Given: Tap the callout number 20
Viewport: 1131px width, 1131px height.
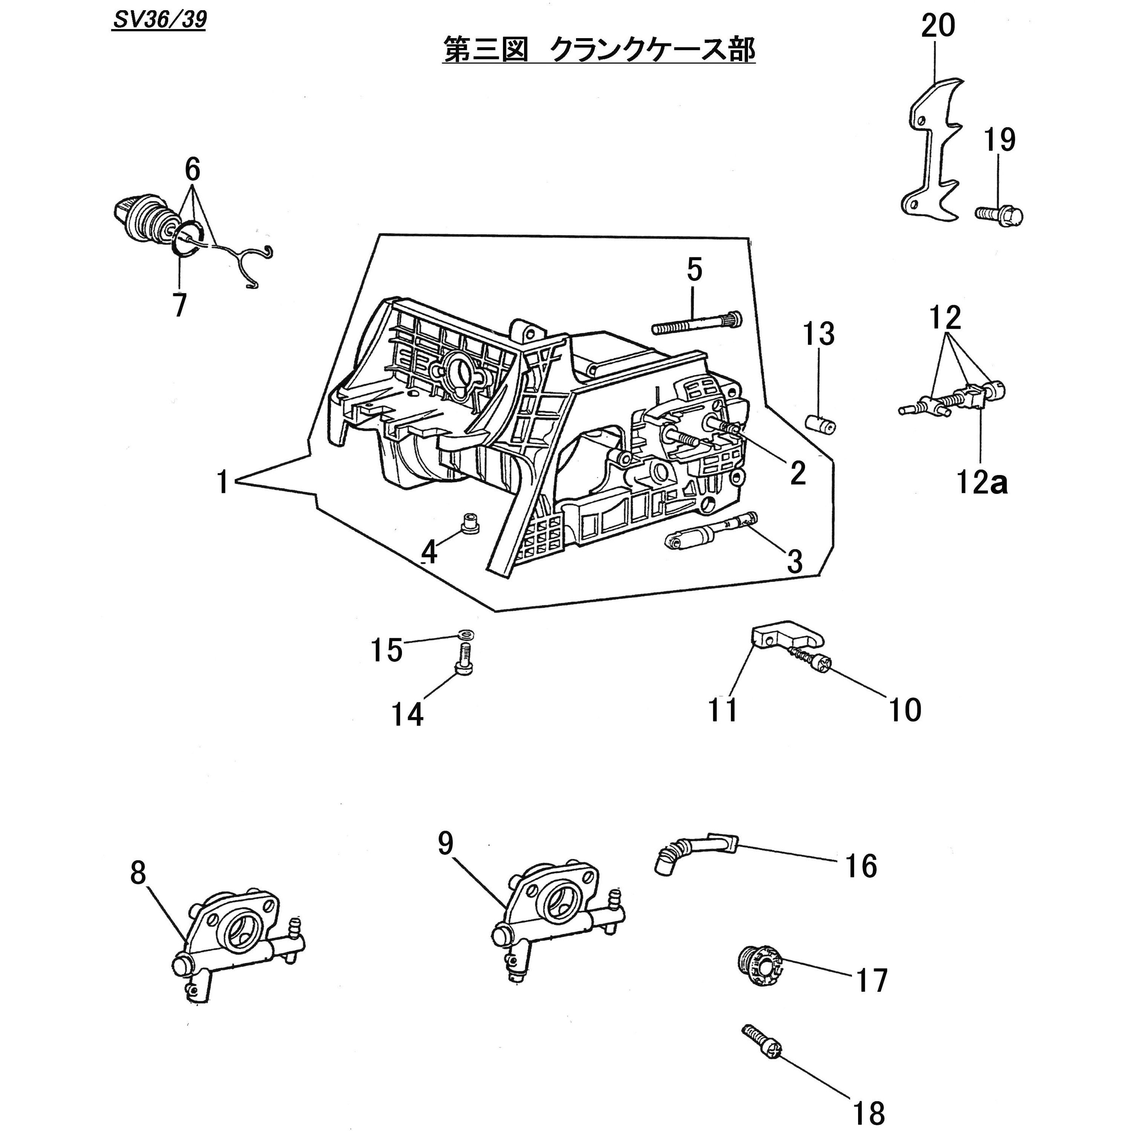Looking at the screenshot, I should pyautogui.click(x=938, y=26).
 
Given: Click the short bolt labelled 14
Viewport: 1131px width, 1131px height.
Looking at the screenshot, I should pyautogui.click(x=464, y=661).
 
